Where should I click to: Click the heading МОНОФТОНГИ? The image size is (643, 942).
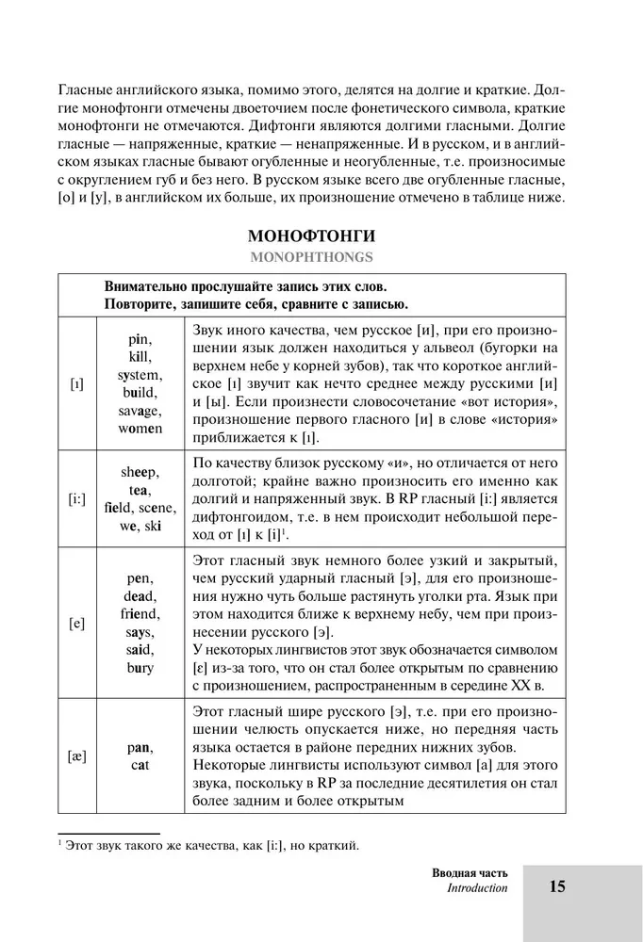[x=321, y=235]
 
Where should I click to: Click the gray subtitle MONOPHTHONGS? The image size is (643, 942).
[x=321, y=255]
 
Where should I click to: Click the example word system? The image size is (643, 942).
[x=140, y=374]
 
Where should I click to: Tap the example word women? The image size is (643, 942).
[x=140, y=428]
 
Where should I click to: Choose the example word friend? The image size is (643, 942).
[x=140, y=614]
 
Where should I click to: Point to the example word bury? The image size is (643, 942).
[x=140, y=668]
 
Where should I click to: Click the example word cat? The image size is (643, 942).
[x=140, y=765]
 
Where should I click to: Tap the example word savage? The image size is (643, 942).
[x=140, y=410]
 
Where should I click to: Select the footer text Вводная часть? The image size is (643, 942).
[x=463, y=871]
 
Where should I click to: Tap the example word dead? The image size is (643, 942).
[x=140, y=596]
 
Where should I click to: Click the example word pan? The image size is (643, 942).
[x=140, y=747]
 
